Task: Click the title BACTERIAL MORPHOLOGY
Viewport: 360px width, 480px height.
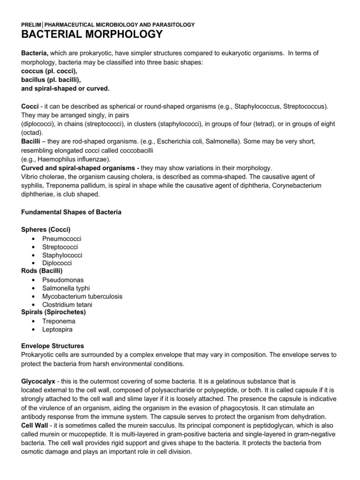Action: tap(92, 34)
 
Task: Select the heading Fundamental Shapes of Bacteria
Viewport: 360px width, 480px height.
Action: tap(71, 212)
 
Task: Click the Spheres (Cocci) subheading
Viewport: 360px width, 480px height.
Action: tap(46, 229)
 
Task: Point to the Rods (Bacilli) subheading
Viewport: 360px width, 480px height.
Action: tap(42, 270)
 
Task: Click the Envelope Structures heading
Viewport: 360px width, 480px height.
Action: tap(52, 345)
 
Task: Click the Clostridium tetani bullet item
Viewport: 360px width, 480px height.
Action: tap(67, 305)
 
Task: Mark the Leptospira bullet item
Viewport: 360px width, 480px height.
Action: tap(58, 329)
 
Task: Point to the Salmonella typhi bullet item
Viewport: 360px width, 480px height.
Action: tap(66, 288)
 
